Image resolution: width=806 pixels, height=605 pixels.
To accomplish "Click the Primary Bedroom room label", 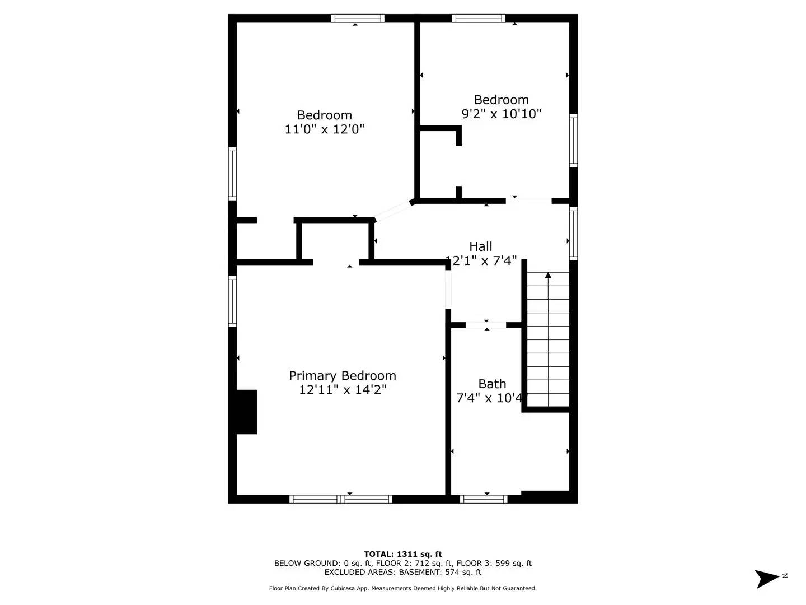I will click(342, 375).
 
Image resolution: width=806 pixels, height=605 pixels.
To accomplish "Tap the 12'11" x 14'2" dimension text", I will click(342, 390).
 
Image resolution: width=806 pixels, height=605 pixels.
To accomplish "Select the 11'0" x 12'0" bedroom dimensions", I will click(324, 129).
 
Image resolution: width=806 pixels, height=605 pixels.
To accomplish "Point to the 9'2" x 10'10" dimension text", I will click(501, 114).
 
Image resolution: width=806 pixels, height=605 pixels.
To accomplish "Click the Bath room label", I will click(492, 384).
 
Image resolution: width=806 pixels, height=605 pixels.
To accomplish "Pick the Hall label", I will click(480, 246).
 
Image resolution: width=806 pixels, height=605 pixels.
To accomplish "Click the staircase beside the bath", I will click(548, 342).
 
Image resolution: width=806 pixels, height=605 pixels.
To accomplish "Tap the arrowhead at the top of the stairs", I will click(548, 275).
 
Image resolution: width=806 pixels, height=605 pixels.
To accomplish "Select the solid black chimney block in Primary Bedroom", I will click(246, 412).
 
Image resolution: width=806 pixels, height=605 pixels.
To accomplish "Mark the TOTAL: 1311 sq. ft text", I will click(402, 554).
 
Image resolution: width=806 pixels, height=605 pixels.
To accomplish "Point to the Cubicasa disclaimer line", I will click(402, 588).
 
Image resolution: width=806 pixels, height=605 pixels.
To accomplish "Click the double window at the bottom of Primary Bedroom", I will click(340, 499).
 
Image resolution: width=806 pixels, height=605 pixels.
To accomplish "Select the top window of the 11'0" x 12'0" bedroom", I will click(358, 18).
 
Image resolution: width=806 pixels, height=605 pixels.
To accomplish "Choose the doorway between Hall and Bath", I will click(486, 325).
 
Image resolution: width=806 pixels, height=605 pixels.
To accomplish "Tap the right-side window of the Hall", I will click(573, 233).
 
